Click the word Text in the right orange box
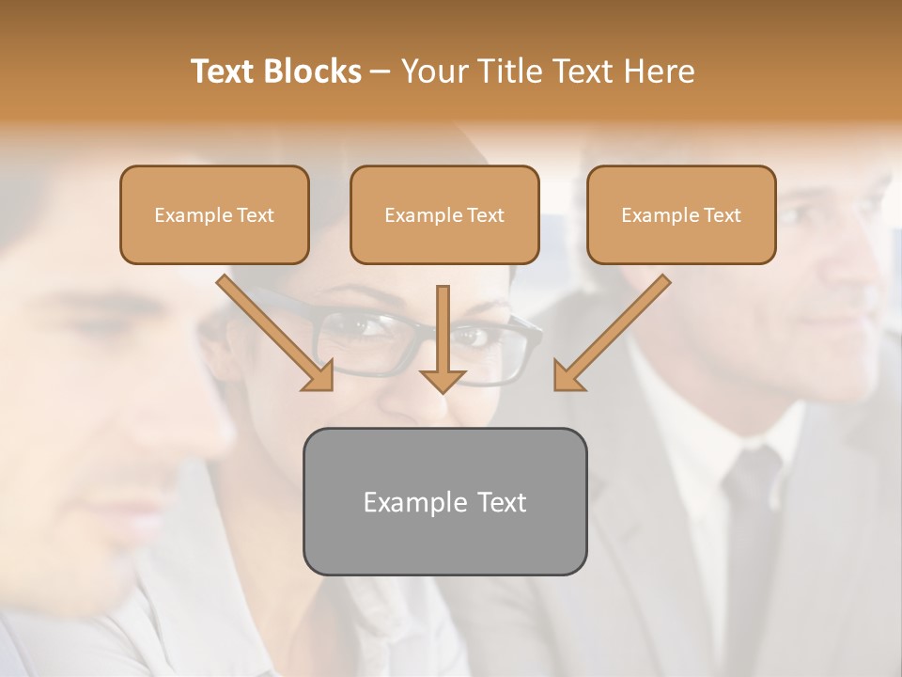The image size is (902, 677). click(723, 215)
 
